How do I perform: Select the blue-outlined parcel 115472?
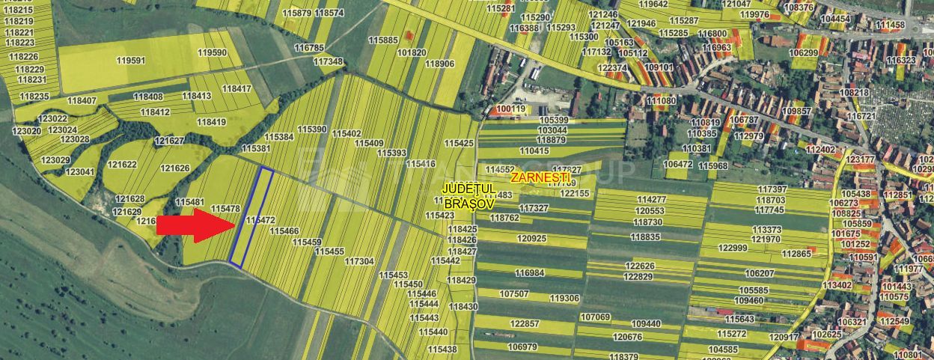click(251, 217)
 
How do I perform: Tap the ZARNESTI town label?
click(539, 178)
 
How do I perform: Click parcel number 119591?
click(131, 60)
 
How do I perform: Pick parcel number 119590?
click(212, 52)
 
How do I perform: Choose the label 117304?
click(359, 261)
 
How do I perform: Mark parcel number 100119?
click(511, 109)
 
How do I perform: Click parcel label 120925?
click(531, 238)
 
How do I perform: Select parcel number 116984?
click(529, 272)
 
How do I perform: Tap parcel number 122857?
click(524, 323)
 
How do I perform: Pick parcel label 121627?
click(168, 141)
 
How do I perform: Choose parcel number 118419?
click(211, 121)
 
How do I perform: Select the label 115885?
click(383, 40)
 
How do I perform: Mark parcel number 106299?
click(803, 52)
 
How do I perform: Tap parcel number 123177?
click(860, 159)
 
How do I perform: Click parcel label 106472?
click(678, 164)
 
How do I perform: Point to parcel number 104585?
click(722, 349)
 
